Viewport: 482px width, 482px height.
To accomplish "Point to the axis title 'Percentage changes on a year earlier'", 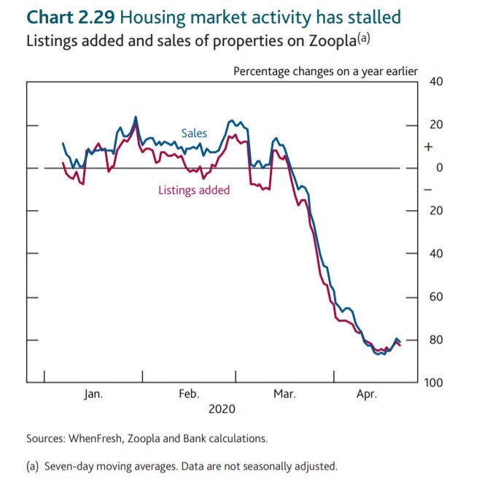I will (x=325, y=71).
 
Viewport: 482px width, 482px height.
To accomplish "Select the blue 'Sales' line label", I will (x=194, y=133).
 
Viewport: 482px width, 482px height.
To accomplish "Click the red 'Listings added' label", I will (x=194, y=190).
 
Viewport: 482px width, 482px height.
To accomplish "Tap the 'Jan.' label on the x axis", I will (x=93, y=394).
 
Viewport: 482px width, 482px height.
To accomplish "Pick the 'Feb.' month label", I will (x=189, y=394).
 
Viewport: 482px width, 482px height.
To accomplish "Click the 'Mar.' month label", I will (x=284, y=394).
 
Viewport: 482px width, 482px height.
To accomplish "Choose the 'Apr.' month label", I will (x=366, y=394).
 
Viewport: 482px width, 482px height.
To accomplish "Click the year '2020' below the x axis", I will (x=222, y=409).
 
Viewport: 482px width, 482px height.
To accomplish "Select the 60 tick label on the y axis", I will (x=436, y=297).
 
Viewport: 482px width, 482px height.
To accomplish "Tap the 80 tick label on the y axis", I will (x=436, y=340).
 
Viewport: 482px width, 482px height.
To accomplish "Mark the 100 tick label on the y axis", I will (x=434, y=383).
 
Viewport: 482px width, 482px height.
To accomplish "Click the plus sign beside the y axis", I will (x=428, y=147).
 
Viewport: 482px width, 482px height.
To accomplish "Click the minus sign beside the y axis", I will (x=428, y=189).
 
